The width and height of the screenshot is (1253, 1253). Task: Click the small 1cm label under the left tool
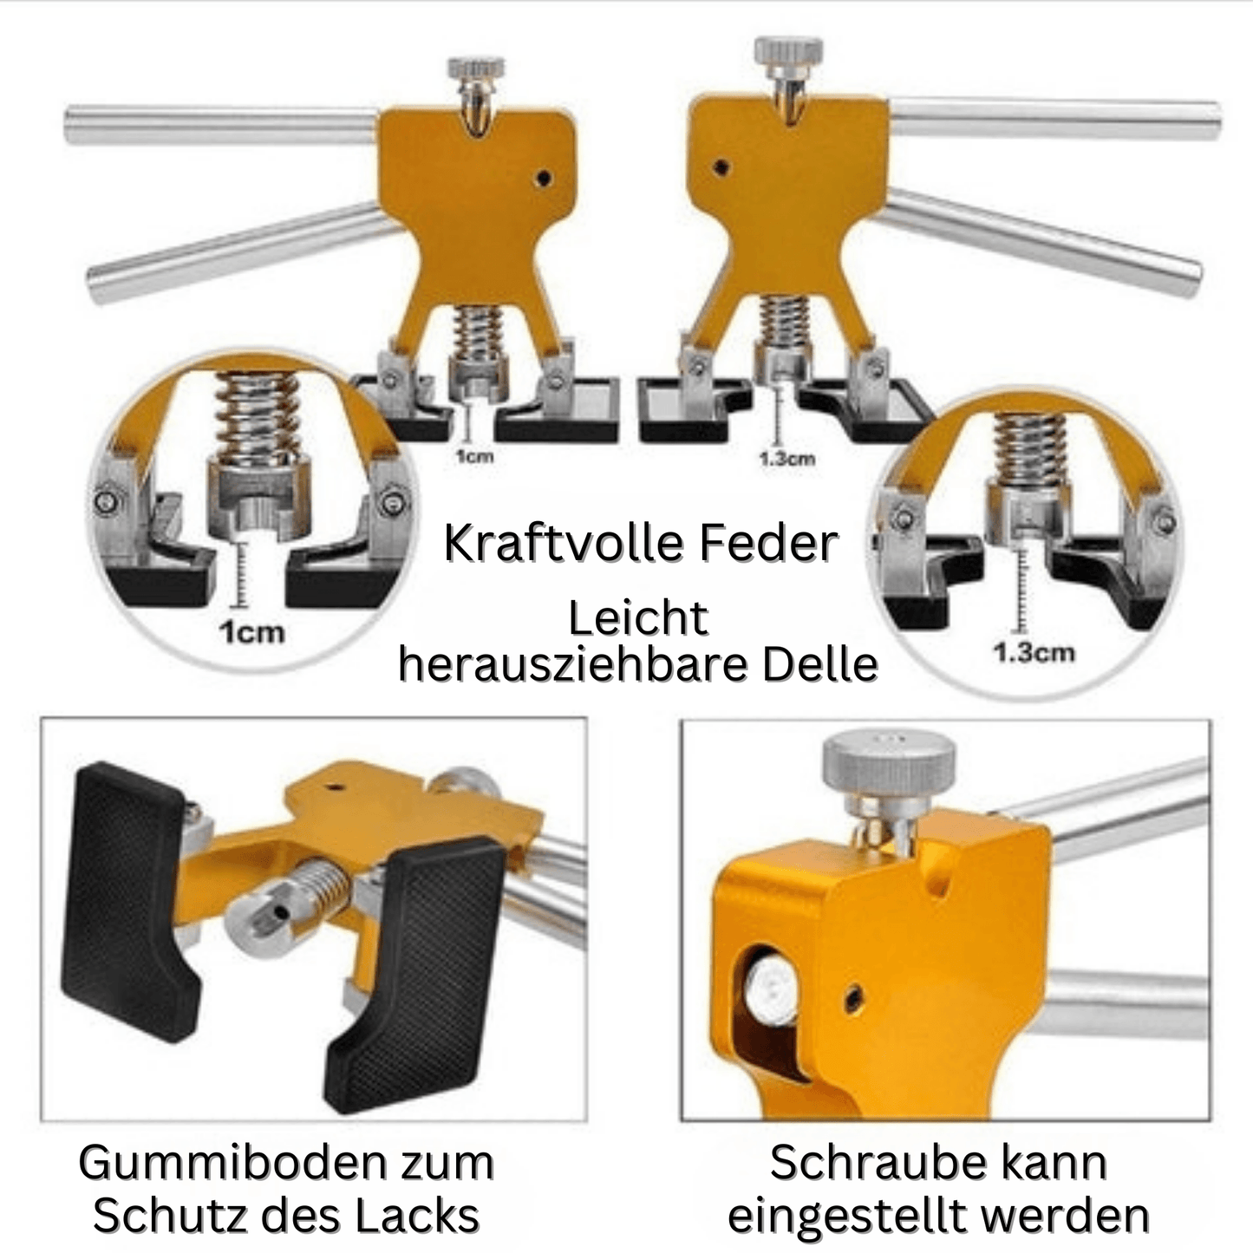tap(474, 455)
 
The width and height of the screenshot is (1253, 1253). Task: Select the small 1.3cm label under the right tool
tap(786, 459)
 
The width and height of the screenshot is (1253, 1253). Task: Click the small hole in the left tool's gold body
tap(544, 179)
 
